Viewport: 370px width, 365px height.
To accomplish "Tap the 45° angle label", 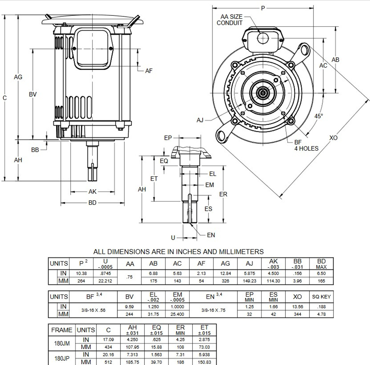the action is [x=319, y=116].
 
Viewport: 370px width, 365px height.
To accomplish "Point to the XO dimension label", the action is [x=333, y=138].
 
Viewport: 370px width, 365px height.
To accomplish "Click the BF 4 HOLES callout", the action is [x=306, y=145].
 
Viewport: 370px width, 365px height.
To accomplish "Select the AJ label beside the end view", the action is [x=200, y=120].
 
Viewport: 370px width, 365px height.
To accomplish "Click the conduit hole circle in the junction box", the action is [x=262, y=38].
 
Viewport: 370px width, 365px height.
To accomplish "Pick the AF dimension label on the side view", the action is [x=149, y=71].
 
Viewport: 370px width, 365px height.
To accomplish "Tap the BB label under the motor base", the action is [x=35, y=150].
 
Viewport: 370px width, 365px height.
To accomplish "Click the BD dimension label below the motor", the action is [x=92, y=203].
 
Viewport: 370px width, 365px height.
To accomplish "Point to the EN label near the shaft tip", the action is [x=211, y=235].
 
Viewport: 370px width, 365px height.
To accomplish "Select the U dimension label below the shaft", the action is [x=173, y=238].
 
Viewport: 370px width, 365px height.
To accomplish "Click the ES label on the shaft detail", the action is [x=208, y=209].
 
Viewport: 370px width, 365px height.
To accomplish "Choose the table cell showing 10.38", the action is [x=81, y=273].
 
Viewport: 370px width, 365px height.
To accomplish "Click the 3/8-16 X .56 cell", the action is [x=93, y=310].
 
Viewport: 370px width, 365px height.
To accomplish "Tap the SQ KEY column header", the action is [x=321, y=297].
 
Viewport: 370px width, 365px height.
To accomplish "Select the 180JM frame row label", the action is [x=62, y=343].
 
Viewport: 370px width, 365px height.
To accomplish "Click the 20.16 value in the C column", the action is [x=108, y=355].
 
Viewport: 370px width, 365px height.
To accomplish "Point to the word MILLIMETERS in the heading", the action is [x=241, y=252].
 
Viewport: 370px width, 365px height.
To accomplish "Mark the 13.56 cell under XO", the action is [x=297, y=307].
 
